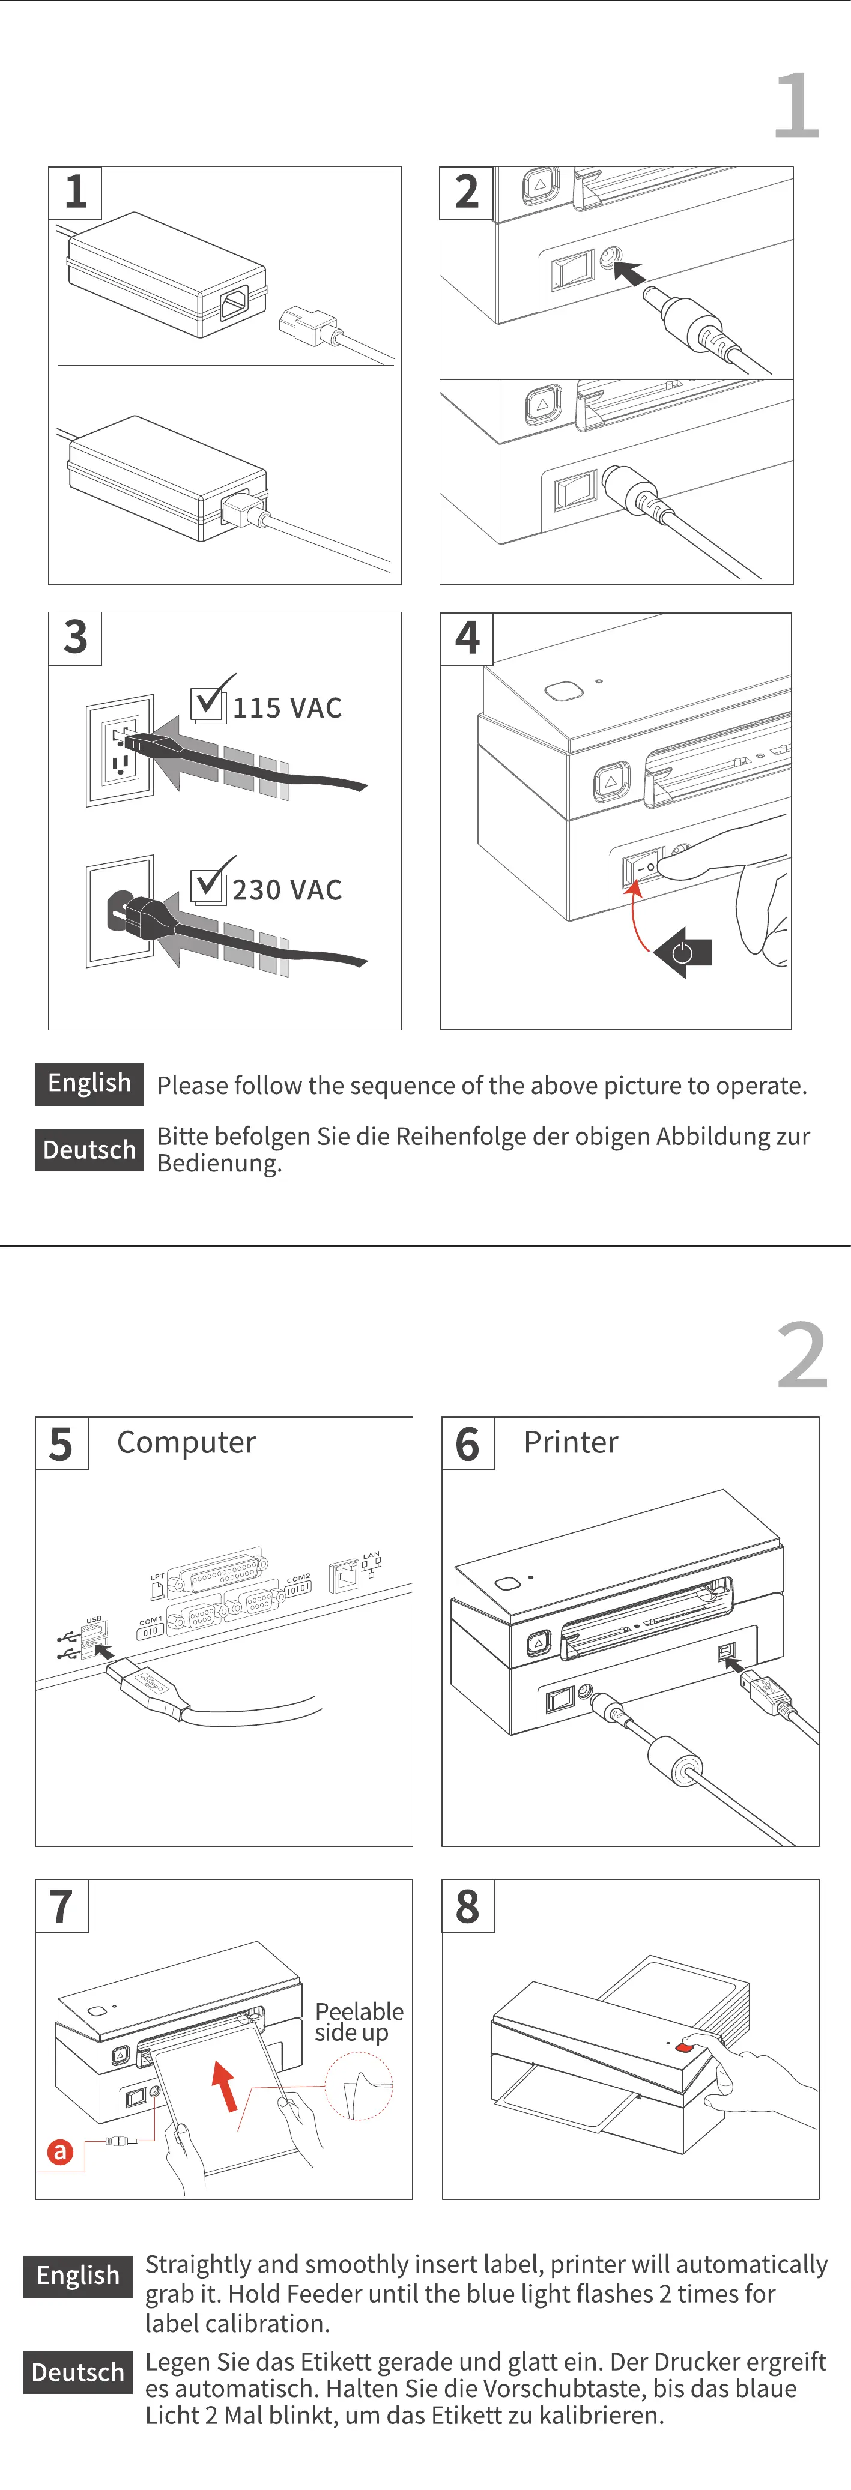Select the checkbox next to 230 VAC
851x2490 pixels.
(x=208, y=884)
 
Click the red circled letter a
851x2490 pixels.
(x=60, y=2152)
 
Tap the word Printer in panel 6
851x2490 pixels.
(x=571, y=1442)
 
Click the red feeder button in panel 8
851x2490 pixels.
(x=683, y=2047)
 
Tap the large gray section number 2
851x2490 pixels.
(x=802, y=1356)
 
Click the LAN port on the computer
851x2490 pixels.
(x=344, y=1577)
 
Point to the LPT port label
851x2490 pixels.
(x=157, y=1577)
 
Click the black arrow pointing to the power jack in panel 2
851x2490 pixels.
(x=629, y=273)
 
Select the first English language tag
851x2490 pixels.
(x=89, y=1084)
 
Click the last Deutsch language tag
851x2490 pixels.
(x=77, y=2372)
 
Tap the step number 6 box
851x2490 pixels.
(x=468, y=1444)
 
